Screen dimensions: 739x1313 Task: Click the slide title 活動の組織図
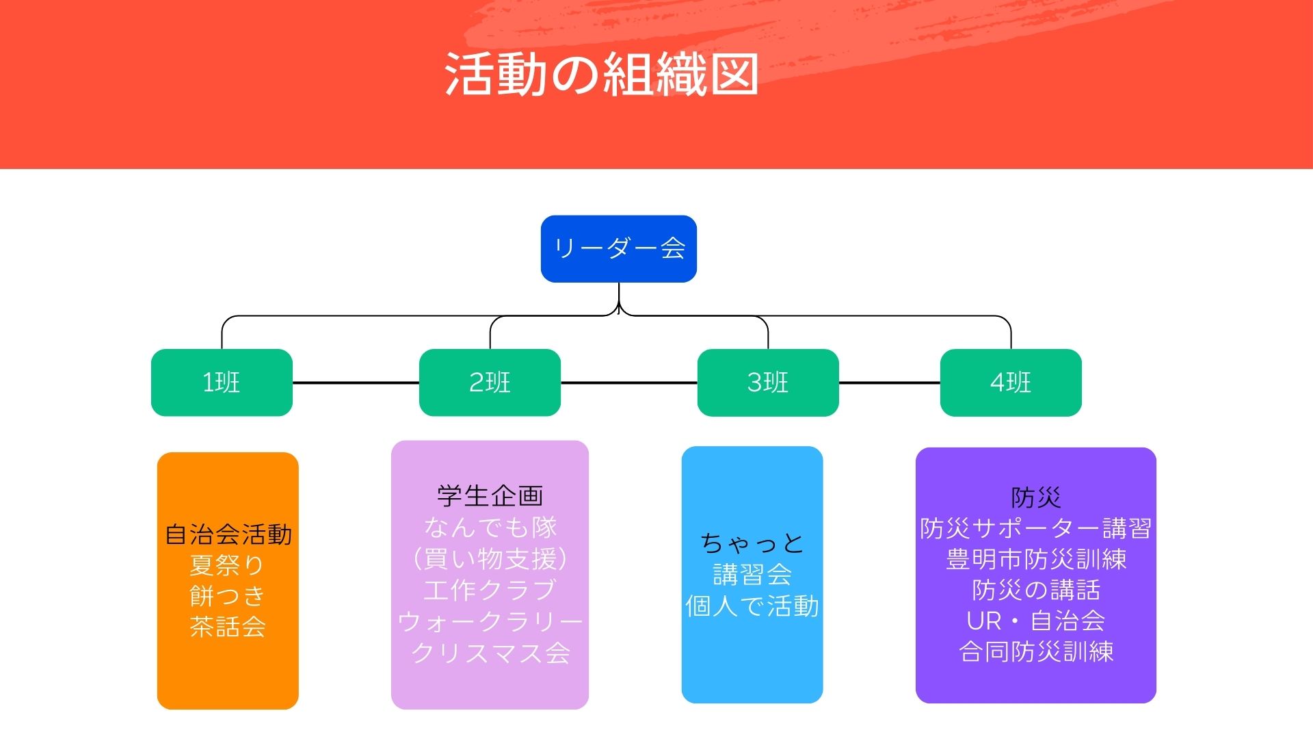click(x=601, y=74)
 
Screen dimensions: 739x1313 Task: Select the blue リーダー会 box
click(x=618, y=248)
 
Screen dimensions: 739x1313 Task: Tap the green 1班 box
click(x=222, y=383)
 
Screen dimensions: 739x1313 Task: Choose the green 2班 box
click(x=490, y=383)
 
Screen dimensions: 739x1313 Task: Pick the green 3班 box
click(x=767, y=383)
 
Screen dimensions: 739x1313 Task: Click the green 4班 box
click(x=1010, y=383)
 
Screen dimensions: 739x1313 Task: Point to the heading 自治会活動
click(x=228, y=534)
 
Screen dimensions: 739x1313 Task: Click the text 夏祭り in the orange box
click(x=227, y=565)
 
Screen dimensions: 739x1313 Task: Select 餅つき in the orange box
click(x=227, y=596)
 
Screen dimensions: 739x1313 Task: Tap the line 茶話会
click(x=228, y=627)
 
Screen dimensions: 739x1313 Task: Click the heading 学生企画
click(x=490, y=496)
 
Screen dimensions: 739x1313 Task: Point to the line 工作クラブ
click(x=490, y=590)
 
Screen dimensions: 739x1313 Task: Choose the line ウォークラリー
click(x=490, y=621)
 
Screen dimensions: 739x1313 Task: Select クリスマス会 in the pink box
click(x=490, y=653)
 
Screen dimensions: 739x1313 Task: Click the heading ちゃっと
click(x=752, y=543)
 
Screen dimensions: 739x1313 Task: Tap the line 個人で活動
click(x=752, y=606)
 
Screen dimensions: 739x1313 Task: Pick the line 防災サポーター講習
click(x=1035, y=528)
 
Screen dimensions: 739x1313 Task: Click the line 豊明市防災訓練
click(x=1035, y=560)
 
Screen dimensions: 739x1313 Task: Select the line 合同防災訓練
click(x=1035, y=651)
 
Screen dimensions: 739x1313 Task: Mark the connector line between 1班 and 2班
click(x=356, y=383)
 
